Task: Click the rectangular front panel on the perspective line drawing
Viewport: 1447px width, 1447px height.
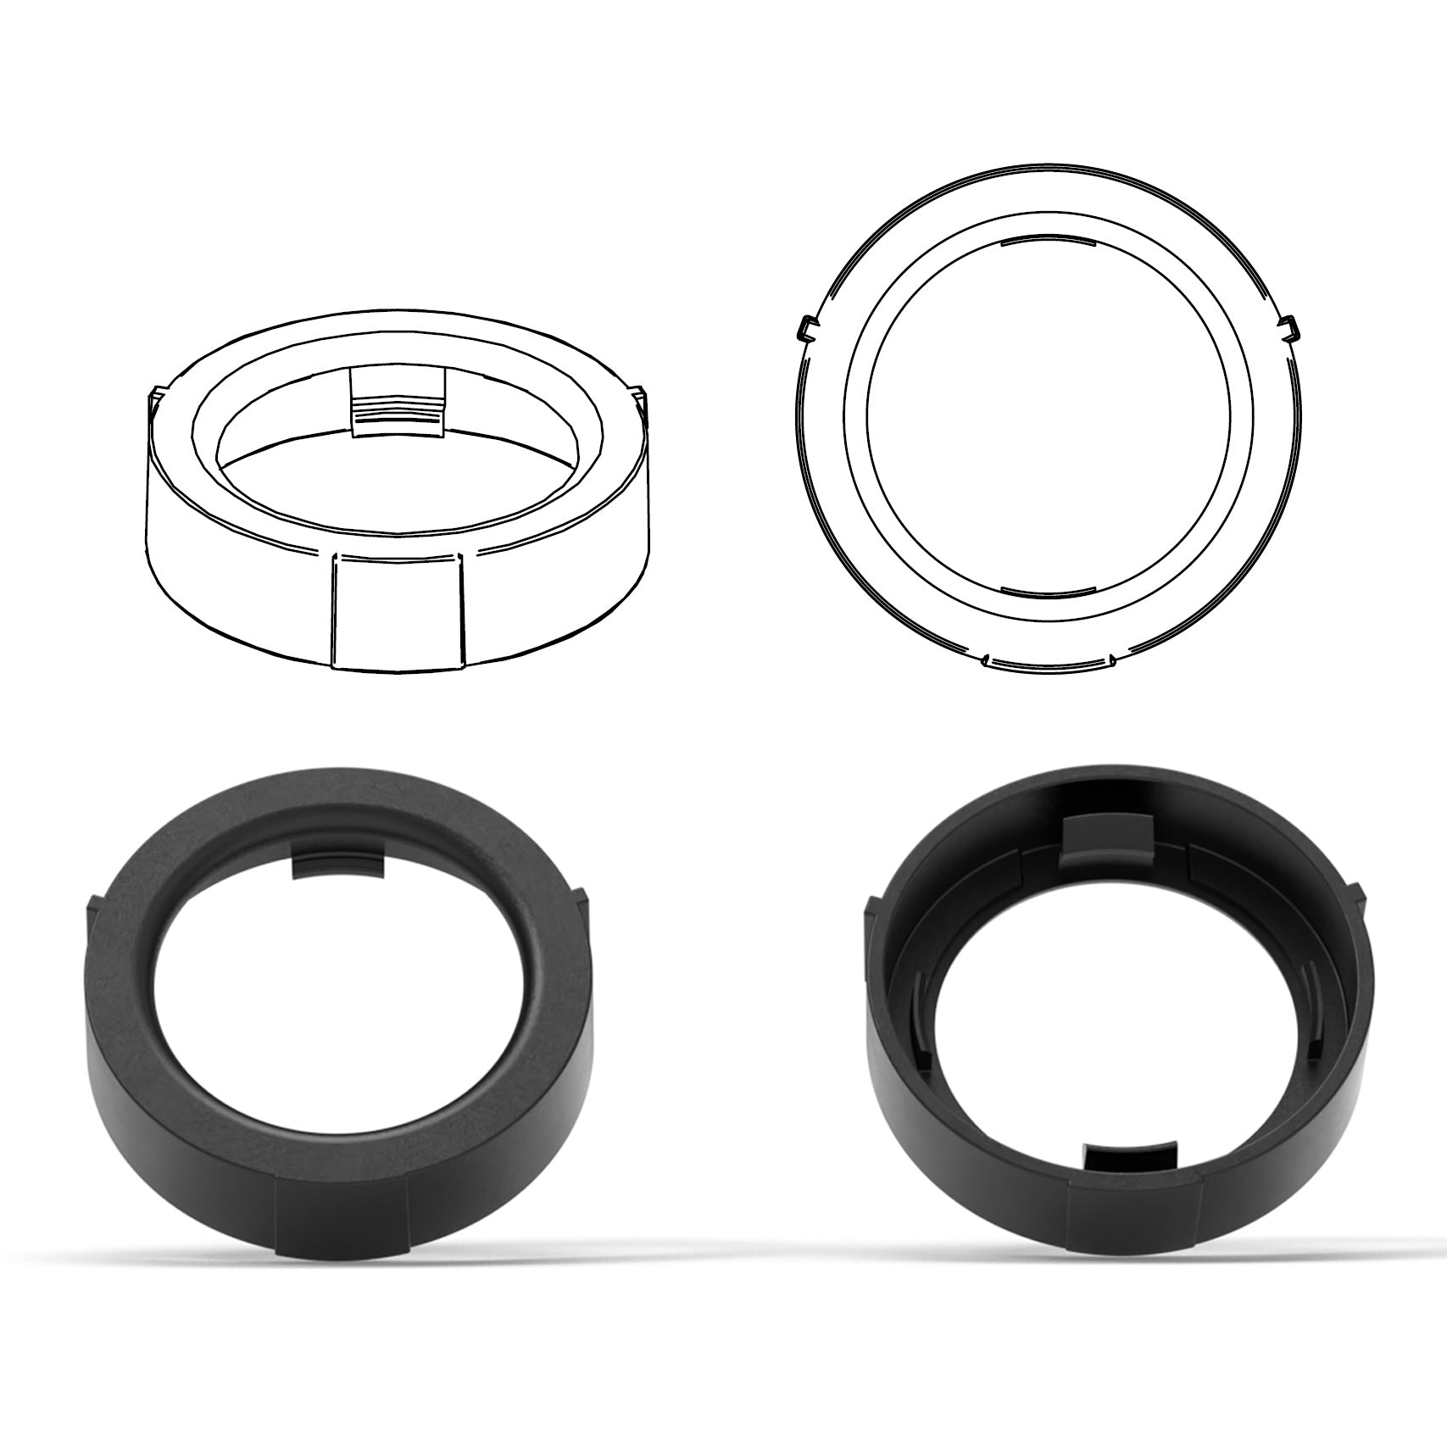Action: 398,612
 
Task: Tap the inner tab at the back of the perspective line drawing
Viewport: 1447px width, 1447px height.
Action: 398,403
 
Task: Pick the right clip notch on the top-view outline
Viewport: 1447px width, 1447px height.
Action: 1290,326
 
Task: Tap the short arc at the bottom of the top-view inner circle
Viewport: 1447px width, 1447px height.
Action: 1048,588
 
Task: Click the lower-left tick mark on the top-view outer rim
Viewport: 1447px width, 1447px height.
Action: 986,657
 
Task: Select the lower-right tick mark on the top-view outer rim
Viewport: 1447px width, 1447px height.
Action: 1110,657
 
